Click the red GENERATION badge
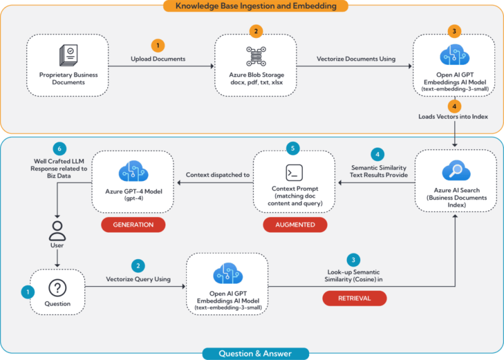pyautogui.click(x=133, y=225)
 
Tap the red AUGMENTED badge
pyautogui.click(x=295, y=225)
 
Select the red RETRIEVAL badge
pyautogui.click(x=355, y=298)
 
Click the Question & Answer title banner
pyautogui.click(x=255, y=354)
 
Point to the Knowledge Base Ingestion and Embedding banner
pyautogui.click(x=256, y=6)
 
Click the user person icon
pyautogui.click(x=57, y=231)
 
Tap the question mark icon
pyautogui.click(x=57, y=287)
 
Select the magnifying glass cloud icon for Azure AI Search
pyautogui.click(x=456, y=170)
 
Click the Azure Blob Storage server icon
pyautogui.click(x=256, y=56)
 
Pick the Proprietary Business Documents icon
pyautogui.click(x=69, y=55)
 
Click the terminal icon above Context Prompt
pyautogui.click(x=294, y=173)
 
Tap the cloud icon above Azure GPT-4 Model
pyautogui.click(x=133, y=171)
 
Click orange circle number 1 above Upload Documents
pyautogui.click(x=158, y=45)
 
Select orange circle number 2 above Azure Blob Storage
pyautogui.click(x=256, y=31)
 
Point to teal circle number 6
pyautogui.click(x=59, y=149)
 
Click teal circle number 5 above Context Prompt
pyautogui.click(x=293, y=148)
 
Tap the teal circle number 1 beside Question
pyautogui.click(x=28, y=293)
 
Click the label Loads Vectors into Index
pyautogui.click(x=453, y=117)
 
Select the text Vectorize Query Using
pyautogui.click(x=138, y=279)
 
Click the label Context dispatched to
pyautogui.click(x=218, y=175)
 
